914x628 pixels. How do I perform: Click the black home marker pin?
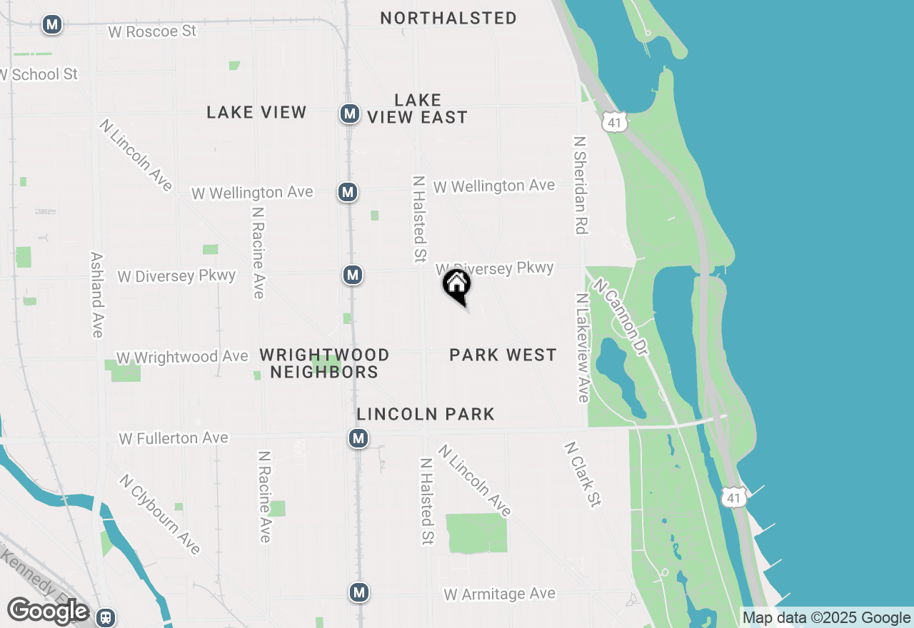(457, 285)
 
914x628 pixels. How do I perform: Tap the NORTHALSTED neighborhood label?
(448, 18)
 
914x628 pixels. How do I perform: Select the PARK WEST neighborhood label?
(503, 355)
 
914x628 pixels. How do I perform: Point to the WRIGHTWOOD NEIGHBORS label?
(324, 363)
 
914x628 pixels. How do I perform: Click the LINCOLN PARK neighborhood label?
(426, 414)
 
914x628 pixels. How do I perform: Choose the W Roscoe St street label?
(151, 32)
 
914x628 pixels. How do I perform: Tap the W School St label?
(39, 74)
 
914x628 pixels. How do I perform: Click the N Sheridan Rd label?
(580, 186)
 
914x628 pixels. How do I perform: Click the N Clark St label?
(583, 474)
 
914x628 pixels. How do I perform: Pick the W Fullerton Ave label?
(174, 438)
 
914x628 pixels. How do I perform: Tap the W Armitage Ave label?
(499, 594)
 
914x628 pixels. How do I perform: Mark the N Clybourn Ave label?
(161, 514)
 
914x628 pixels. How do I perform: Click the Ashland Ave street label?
(98, 294)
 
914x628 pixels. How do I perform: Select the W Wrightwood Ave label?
(183, 357)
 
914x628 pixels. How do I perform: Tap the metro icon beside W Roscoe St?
(51, 25)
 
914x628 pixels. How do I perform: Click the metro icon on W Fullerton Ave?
(358, 438)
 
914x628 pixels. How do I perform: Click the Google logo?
(48, 612)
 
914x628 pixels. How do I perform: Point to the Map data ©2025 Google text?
(826, 618)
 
